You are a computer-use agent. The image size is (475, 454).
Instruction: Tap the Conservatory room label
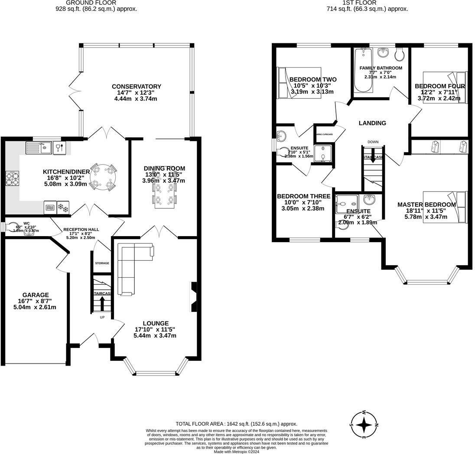136,87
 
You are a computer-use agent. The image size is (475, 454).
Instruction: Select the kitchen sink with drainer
39,148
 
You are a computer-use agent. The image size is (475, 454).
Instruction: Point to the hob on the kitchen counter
12,178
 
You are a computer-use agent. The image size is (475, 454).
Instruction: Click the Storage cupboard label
102,263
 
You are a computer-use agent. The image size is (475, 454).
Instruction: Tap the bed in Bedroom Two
299,82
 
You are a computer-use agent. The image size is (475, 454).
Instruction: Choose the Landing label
372,123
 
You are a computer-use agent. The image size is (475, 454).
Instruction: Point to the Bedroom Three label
303,196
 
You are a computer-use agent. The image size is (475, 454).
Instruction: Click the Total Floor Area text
236,424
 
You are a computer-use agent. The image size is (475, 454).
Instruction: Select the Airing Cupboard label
325,134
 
